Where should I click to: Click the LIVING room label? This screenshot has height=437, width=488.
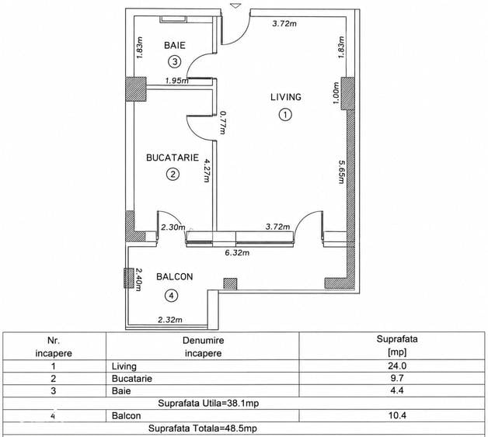coord(286,97)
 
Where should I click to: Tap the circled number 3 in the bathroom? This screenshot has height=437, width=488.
coord(175,61)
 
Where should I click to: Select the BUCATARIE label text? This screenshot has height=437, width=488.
coord(173,158)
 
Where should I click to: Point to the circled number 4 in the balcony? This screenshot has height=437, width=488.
coord(171,296)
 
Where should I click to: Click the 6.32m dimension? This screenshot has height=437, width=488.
coord(237,253)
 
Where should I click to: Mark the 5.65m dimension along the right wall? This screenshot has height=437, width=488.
coord(342,172)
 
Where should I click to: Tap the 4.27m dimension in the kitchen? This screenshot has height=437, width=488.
coord(207,171)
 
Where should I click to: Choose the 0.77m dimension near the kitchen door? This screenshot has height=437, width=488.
coord(222,123)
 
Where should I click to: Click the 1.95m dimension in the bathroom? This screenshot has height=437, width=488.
coord(176,81)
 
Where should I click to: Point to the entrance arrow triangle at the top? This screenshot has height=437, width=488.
coord(236,5)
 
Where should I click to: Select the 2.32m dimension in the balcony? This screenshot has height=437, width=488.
coord(170,320)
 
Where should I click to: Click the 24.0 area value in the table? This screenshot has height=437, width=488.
coord(397,366)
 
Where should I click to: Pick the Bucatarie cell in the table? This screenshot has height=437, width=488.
coord(132,379)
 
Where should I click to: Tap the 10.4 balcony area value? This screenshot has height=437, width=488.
coord(397,415)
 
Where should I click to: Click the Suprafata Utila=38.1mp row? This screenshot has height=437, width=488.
coord(208,403)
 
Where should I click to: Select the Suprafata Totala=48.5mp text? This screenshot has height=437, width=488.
coord(203,428)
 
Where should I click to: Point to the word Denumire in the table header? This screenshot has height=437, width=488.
coord(204,340)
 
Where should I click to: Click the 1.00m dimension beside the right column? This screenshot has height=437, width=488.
coord(335,93)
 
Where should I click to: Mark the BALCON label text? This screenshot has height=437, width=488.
coord(175,276)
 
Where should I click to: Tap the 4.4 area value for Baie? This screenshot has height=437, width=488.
coord(397,390)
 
